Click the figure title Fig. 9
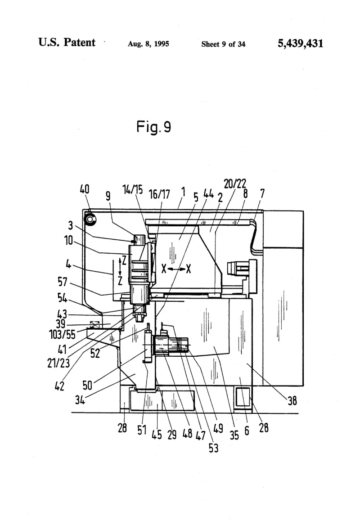point(153,127)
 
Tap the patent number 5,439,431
point(300,44)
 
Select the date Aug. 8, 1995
point(148,44)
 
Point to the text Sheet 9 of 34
point(223,44)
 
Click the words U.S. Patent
point(67,42)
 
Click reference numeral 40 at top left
point(84,189)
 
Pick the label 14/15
point(133,190)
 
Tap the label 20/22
point(235,184)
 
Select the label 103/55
point(63,334)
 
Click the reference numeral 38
point(292,400)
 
